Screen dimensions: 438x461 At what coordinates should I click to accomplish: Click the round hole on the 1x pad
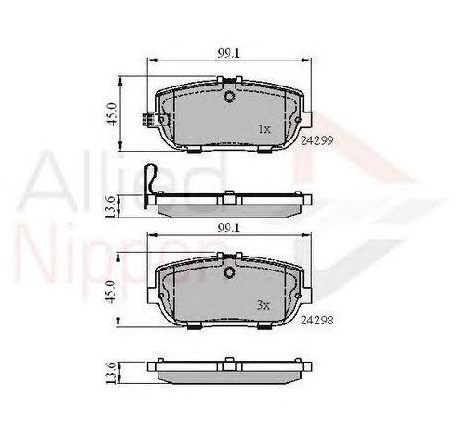tap(230, 98)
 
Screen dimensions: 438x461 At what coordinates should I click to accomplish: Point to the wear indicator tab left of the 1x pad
tap(148, 123)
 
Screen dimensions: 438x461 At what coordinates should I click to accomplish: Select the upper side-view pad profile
tap(230, 206)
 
